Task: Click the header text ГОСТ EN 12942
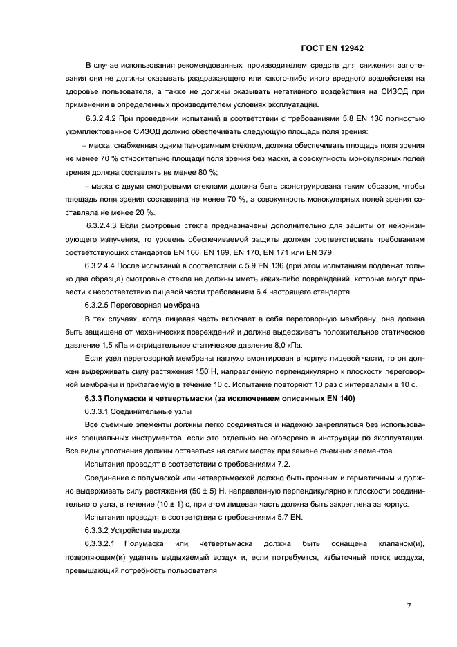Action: click(333, 48)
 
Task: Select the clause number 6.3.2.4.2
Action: click(104, 118)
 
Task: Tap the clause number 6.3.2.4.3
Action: click(104, 225)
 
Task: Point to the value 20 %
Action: click(144, 212)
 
